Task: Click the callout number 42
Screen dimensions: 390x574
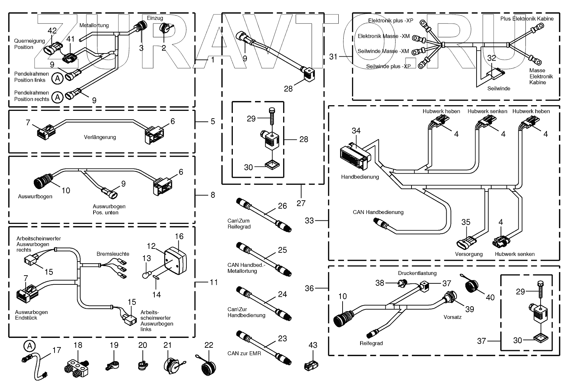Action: point(52,31)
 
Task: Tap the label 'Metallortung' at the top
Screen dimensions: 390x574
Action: point(94,25)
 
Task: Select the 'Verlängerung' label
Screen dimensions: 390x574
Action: point(100,137)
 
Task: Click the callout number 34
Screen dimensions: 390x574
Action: point(356,131)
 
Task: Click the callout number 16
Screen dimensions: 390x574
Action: point(179,236)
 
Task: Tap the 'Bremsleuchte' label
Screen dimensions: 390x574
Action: point(113,254)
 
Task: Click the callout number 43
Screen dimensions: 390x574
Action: point(313,345)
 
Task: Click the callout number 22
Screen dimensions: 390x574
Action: point(209,345)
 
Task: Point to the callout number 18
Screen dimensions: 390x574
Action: point(78,345)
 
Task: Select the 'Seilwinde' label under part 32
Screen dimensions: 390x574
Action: point(499,88)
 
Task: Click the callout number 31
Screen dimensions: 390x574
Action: point(333,56)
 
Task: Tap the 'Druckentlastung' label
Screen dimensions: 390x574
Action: point(417,273)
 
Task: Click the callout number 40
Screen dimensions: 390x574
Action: point(490,297)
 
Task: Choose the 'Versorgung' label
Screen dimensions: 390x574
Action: point(469,254)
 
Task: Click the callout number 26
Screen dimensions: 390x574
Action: point(282,206)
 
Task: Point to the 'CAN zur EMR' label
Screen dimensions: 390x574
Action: point(244,353)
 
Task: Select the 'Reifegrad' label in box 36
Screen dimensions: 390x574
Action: point(371,343)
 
